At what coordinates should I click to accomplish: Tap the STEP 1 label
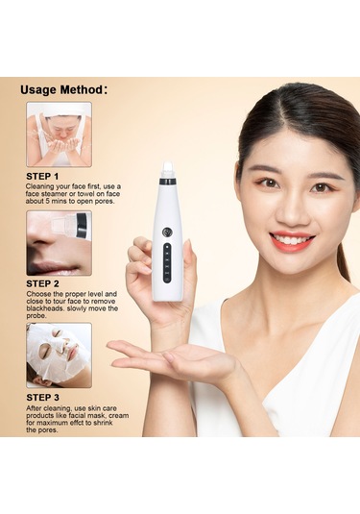pyautogui.click(x=42, y=177)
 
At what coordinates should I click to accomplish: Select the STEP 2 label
pyautogui.click(x=42, y=283)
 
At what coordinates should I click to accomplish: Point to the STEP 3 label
pyautogui.click(x=42, y=398)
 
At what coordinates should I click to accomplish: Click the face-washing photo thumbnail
pyautogui.click(x=59, y=135)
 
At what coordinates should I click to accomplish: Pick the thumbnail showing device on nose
pyautogui.click(x=59, y=243)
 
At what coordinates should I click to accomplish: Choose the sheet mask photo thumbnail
pyautogui.click(x=59, y=355)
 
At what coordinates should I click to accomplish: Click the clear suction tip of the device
pyautogui.click(x=167, y=169)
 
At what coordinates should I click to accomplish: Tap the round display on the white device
pyautogui.click(x=167, y=233)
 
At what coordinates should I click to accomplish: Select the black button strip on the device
pyautogui.click(x=167, y=263)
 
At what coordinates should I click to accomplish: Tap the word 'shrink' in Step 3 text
pyautogui.click(x=103, y=423)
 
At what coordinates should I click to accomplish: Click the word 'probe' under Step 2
pyautogui.click(x=36, y=316)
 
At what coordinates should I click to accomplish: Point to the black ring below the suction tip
pyautogui.click(x=167, y=181)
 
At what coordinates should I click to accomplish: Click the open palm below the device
pyautogui.click(x=170, y=357)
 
